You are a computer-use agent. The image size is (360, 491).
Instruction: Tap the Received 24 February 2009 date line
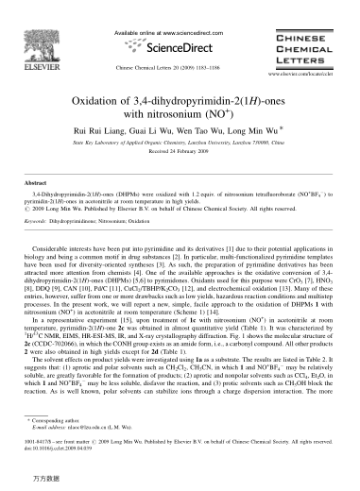[179, 142]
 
